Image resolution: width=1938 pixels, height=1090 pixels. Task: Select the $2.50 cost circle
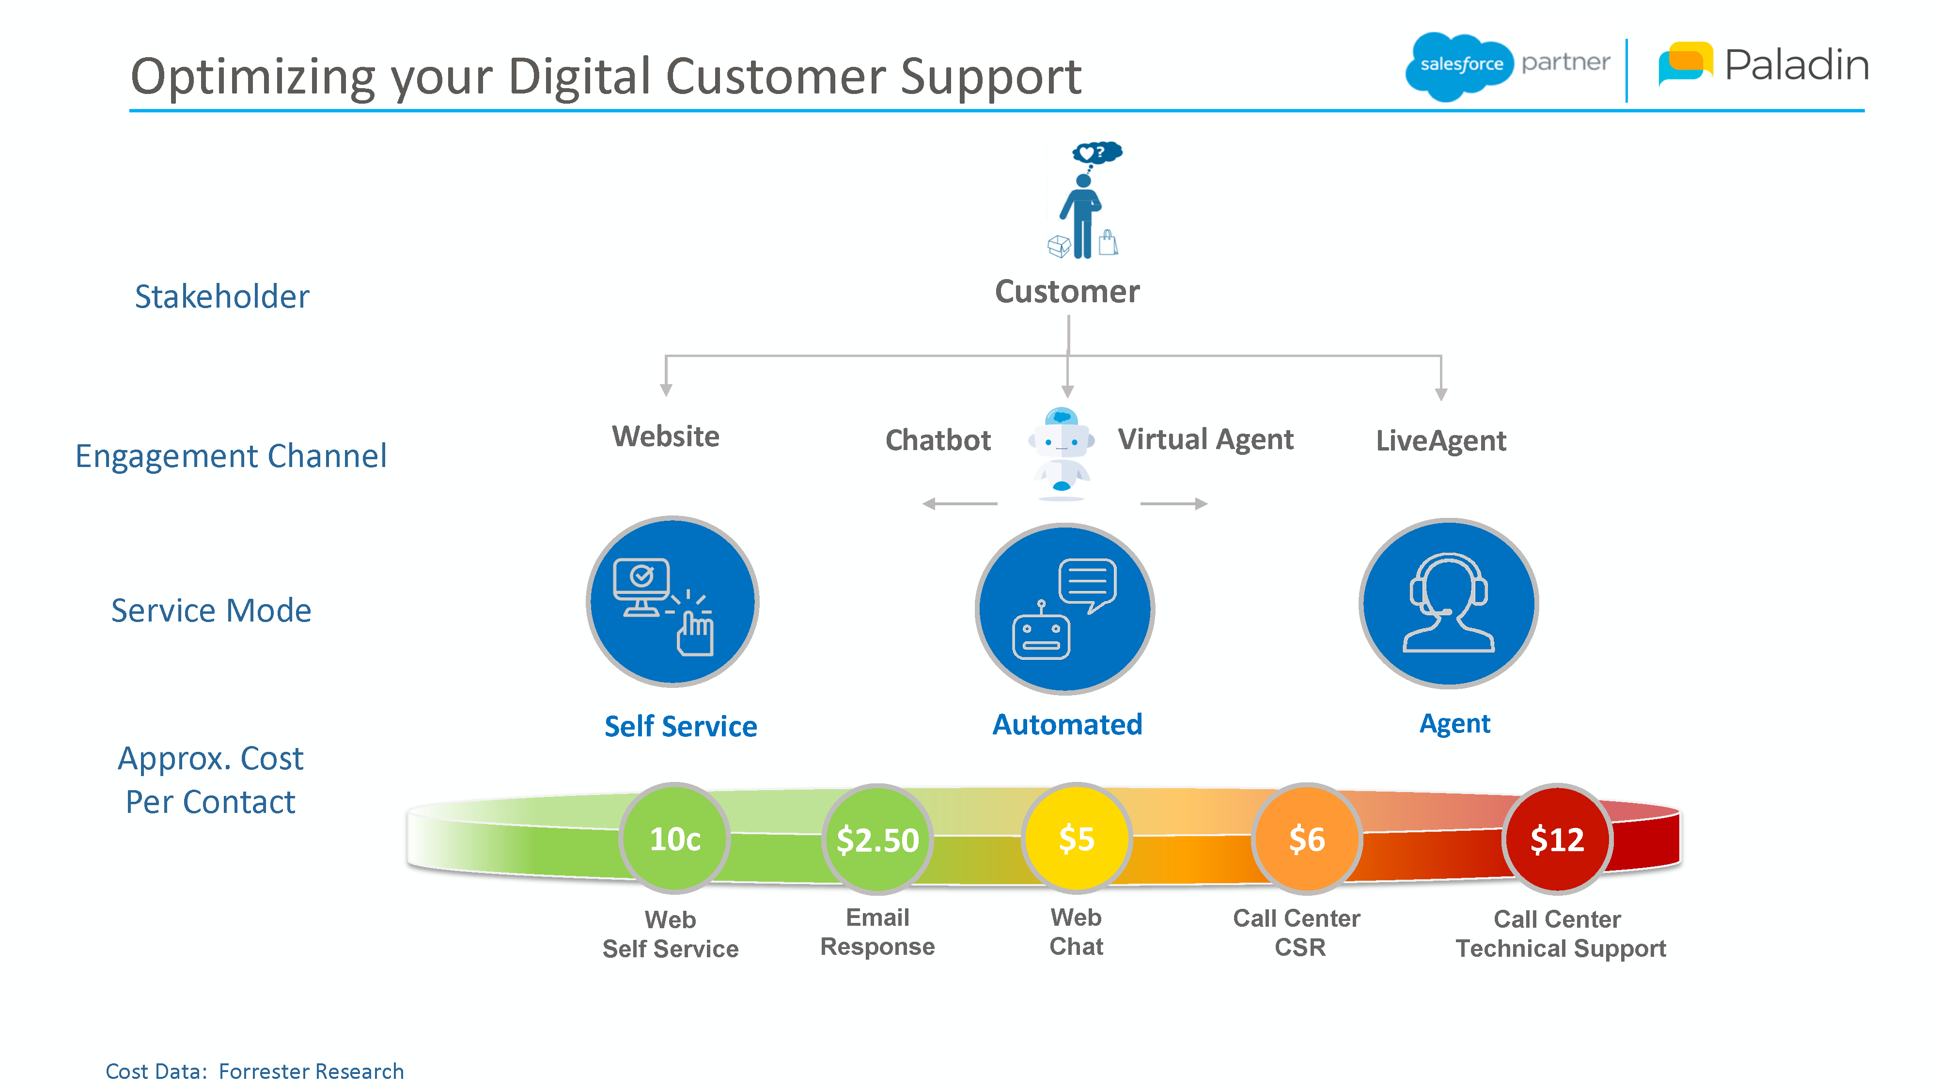(877, 839)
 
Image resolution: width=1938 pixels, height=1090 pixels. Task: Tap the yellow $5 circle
(1077, 838)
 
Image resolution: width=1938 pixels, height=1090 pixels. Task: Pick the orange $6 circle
(1307, 839)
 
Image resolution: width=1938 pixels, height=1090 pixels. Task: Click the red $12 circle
(1557, 839)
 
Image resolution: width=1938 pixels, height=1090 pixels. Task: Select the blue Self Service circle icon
(672, 602)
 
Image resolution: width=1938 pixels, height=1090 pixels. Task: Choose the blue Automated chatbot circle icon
(1064, 608)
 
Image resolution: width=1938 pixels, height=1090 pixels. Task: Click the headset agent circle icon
(1448, 603)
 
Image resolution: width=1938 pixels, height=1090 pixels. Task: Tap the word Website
(665, 436)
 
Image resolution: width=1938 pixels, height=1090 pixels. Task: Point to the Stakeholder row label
(222, 296)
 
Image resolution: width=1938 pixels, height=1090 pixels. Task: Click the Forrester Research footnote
(254, 1071)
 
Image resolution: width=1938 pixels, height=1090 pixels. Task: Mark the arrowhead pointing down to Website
(666, 389)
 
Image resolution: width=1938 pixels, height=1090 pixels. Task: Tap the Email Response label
(877, 931)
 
